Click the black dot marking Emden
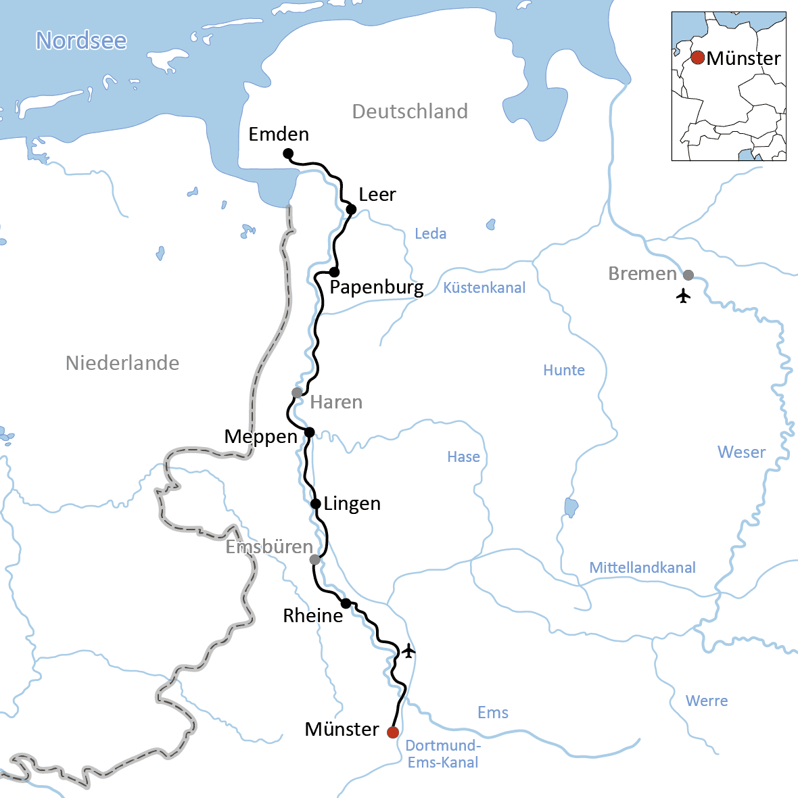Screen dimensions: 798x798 [287, 154]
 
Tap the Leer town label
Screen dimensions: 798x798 [377, 195]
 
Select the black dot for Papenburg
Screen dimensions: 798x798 [334, 272]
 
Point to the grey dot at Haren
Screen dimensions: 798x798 [297, 393]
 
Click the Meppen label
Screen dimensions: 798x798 [260, 437]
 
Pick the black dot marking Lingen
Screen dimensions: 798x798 [315, 504]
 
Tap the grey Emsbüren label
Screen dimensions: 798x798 [268, 547]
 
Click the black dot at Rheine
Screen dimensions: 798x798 [346, 603]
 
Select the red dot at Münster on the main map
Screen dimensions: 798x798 [393, 732]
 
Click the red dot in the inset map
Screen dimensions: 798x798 [698, 57]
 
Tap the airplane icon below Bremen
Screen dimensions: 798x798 [683, 296]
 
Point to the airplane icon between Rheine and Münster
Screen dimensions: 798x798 [408, 651]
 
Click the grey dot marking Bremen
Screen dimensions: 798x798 [688, 275]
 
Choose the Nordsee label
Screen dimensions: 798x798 [81, 41]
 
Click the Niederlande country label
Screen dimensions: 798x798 [122, 363]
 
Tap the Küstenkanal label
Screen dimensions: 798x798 [484, 288]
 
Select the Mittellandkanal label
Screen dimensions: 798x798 [642, 568]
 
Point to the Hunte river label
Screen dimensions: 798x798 [564, 371]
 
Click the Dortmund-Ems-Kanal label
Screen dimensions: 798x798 [443, 754]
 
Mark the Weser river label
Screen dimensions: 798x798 [741, 452]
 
